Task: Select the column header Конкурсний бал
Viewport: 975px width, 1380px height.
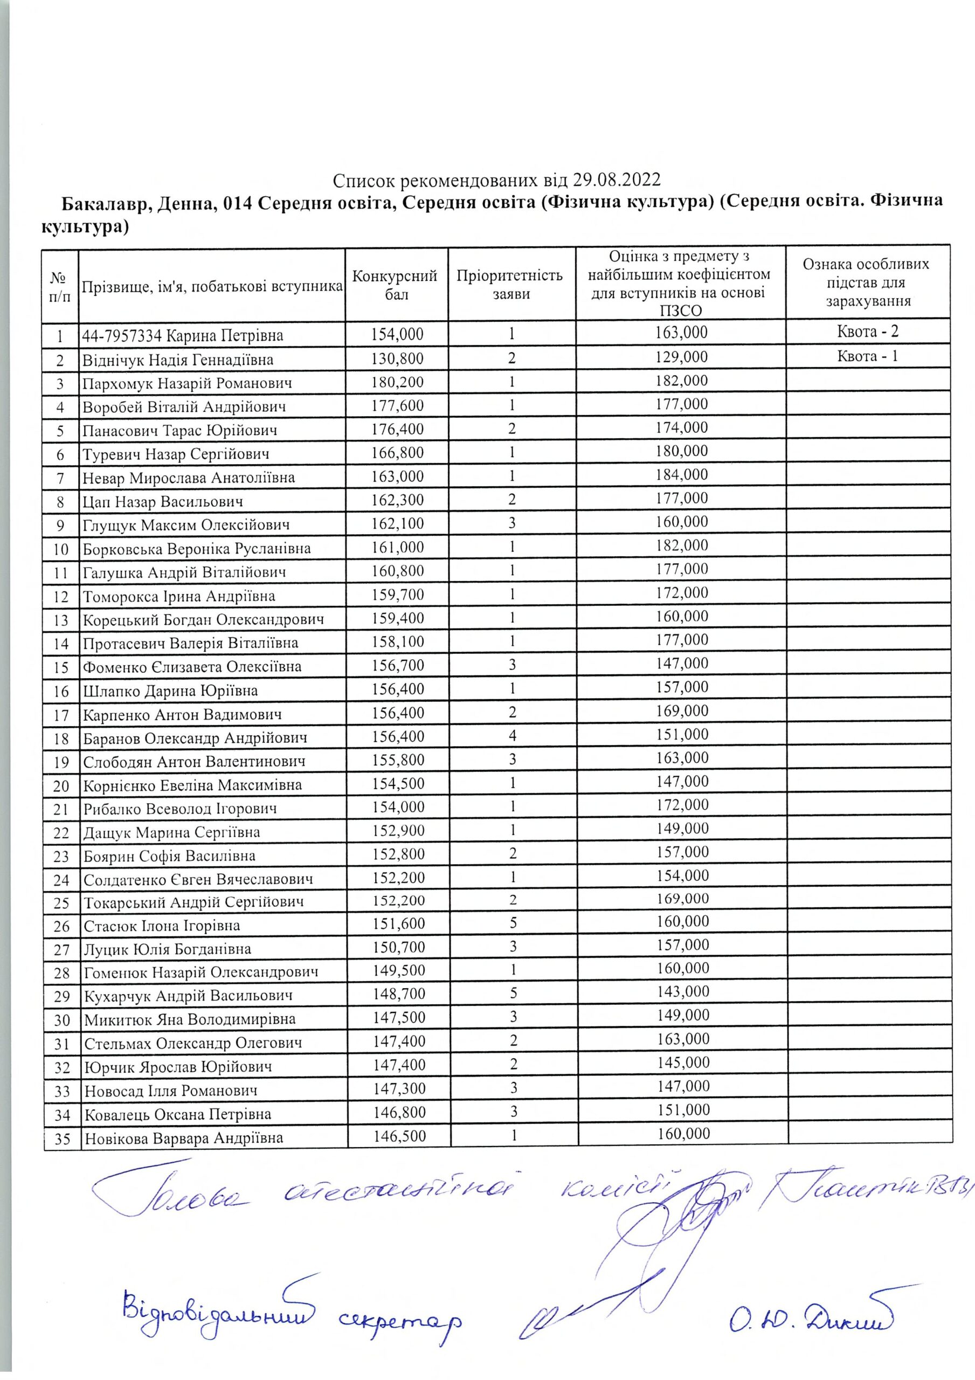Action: click(x=396, y=285)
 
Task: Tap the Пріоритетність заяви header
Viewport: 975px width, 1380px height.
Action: click(x=510, y=285)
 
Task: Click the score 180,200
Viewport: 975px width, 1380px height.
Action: click(x=397, y=382)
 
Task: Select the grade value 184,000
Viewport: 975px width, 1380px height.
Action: click(x=682, y=475)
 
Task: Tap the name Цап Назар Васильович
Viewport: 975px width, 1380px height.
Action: click(x=163, y=501)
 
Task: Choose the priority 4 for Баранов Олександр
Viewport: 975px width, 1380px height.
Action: click(x=512, y=736)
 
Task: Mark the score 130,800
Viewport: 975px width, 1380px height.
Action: click(x=397, y=359)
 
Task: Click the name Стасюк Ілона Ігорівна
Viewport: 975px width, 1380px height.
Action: click(x=162, y=926)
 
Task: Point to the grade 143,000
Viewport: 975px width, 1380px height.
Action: click(x=683, y=992)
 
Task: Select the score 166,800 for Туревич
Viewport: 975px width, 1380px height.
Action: click(x=397, y=453)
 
